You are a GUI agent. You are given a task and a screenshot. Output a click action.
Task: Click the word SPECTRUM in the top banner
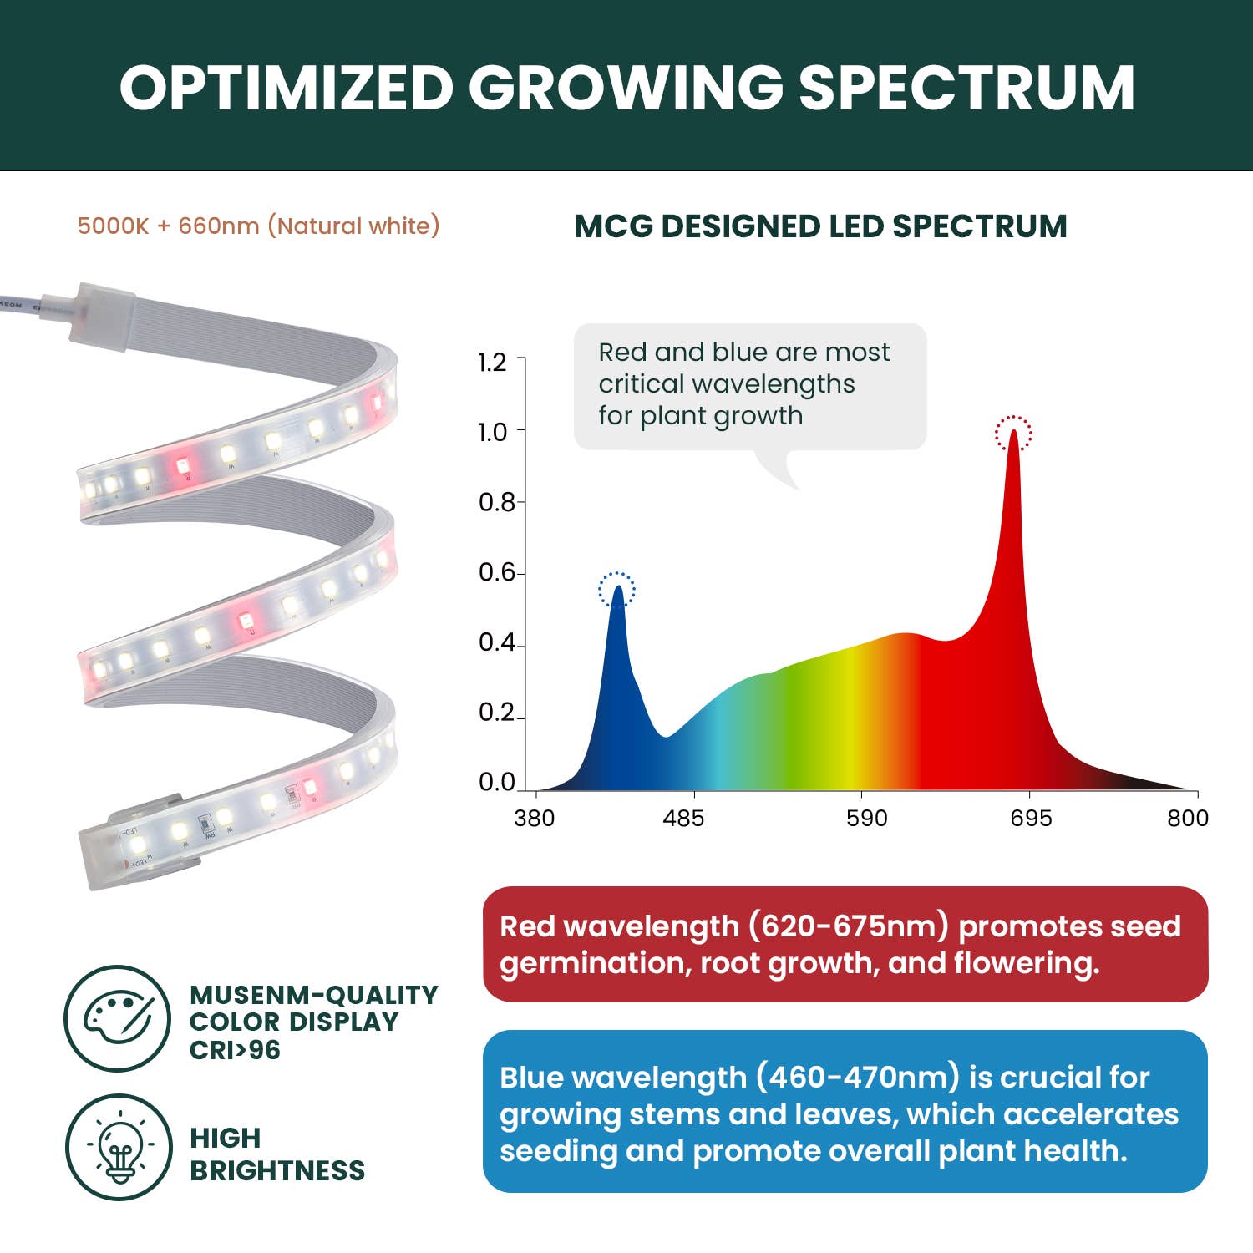(x=966, y=88)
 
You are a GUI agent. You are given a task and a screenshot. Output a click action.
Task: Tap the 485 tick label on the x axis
(x=683, y=818)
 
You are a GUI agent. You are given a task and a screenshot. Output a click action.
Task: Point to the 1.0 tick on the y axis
(x=493, y=432)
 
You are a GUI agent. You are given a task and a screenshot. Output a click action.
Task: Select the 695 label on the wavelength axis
(x=1031, y=818)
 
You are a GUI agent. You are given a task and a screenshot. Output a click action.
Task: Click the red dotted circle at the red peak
(x=1013, y=434)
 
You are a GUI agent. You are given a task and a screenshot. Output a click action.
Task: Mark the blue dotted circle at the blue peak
(x=616, y=590)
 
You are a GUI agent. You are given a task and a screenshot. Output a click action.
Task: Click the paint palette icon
(x=118, y=1017)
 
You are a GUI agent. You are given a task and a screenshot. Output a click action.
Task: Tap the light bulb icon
(x=119, y=1147)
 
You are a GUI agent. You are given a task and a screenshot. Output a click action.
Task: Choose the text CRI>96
(x=235, y=1050)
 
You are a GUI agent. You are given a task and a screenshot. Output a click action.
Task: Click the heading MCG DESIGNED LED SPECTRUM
(x=820, y=226)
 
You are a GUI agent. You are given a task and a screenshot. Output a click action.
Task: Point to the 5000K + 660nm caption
(x=258, y=226)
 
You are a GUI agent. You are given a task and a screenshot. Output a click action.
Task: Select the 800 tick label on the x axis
(x=1187, y=818)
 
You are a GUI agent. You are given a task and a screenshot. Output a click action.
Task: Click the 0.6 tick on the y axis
(x=496, y=572)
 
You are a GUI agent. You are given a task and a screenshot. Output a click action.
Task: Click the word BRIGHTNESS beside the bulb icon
(x=277, y=1170)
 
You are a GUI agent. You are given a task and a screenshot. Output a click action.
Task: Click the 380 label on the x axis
(x=534, y=818)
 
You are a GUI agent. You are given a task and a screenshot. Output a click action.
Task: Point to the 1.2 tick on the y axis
(x=493, y=362)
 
